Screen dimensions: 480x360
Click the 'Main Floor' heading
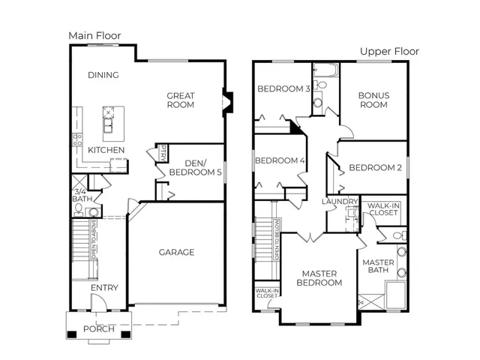[x=94, y=36]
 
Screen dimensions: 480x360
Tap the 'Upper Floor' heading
[x=389, y=52]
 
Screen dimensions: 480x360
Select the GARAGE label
[x=177, y=252]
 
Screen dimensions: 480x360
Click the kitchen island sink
[x=108, y=125]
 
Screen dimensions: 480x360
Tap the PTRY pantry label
[x=163, y=153]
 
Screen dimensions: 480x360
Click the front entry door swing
[x=98, y=302]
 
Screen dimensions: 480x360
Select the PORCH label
[x=99, y=328]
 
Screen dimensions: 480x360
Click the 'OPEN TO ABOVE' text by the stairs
[x=93, y=238]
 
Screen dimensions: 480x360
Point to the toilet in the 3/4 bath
[x=79, y=210]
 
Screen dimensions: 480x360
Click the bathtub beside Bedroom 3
[x=325, y=70]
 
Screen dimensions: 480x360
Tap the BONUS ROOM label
[x=373, y=100]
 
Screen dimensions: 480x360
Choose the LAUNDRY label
[x=340, y=202]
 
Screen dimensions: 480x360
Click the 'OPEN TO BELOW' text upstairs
[x=277, y=240]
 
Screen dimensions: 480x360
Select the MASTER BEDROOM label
[x=319, y=278]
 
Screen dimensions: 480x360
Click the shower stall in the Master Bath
[x=371, y=301]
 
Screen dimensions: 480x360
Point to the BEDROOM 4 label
[x=280, y=160]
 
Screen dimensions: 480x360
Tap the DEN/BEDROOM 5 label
[x=195, y=168]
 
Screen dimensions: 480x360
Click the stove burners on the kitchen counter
[x=77, y=139]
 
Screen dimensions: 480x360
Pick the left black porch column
[x=72, y=334]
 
